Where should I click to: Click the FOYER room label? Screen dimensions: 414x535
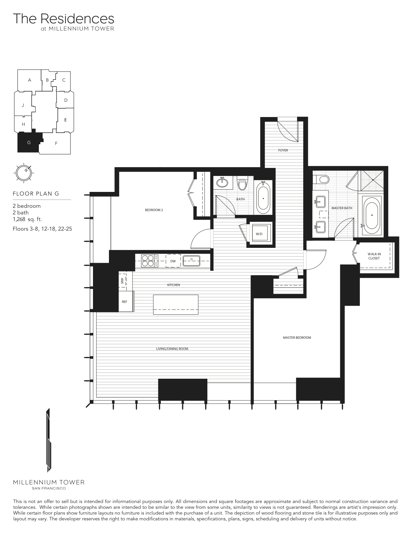(283, 150)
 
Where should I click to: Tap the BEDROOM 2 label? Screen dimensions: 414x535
(154, 210)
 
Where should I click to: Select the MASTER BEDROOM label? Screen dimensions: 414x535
(297, 338)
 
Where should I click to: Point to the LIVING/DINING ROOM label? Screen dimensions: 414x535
(172, 349)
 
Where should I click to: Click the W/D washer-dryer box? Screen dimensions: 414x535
(259, 234)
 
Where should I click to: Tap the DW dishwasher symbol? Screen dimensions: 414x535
(173, 261)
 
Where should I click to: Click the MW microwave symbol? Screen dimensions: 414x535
(122, 281)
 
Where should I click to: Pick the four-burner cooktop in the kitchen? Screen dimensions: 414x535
(150, 261)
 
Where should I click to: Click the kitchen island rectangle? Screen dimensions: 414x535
(176, 305)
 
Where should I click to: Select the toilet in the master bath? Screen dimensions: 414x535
(322, 179)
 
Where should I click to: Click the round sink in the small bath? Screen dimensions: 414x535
(223, 182)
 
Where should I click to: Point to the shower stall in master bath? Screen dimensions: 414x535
(372, 181)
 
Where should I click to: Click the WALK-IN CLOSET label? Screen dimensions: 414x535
(374, 256)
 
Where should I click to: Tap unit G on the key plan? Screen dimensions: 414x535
(29, 142)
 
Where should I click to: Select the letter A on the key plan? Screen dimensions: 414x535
(29, 80)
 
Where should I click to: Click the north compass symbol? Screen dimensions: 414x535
(24, 173)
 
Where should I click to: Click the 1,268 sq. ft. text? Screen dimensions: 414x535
(27, 220)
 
